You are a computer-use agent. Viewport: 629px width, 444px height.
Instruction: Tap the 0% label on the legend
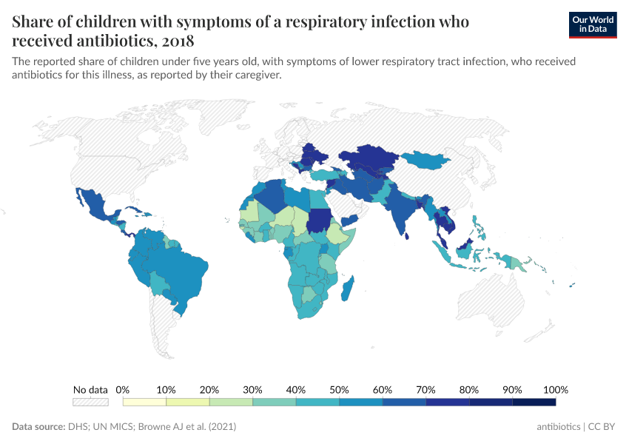click(x=123, y=389)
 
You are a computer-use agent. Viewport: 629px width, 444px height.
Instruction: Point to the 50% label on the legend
click(x=339, y=389)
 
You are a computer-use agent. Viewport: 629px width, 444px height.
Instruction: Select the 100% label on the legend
click(x=555, y=389)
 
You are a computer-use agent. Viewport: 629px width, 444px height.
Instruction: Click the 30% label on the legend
click(x=252, y=389)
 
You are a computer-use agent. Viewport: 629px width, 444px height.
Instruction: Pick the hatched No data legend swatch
click(x=90, y=402)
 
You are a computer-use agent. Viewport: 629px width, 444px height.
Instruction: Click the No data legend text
click(x=90, y=389)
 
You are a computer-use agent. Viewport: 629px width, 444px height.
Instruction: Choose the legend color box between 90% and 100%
click(x=534, y=402)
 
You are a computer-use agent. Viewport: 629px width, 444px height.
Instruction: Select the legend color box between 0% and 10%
click(x=144, y=402)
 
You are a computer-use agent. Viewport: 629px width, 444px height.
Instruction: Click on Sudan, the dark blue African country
click(x=320, y=221)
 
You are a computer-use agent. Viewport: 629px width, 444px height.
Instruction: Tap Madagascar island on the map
click(x=346, y=288)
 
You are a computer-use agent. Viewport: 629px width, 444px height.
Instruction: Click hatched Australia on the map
click(x=488, y=300)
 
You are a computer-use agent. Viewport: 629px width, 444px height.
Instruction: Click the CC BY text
click(x=602, y=427)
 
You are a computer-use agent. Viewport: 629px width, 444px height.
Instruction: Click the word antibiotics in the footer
click(x=559, y=427)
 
